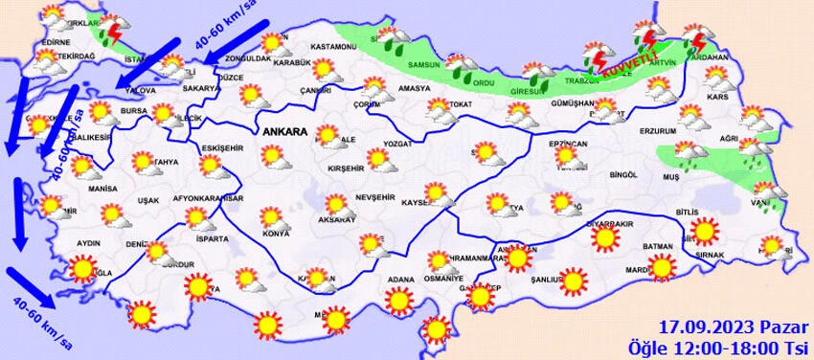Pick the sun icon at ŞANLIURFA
point(573,280)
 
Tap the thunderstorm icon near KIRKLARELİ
point(114,32)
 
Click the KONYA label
point(276,234)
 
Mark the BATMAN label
point(659,246)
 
